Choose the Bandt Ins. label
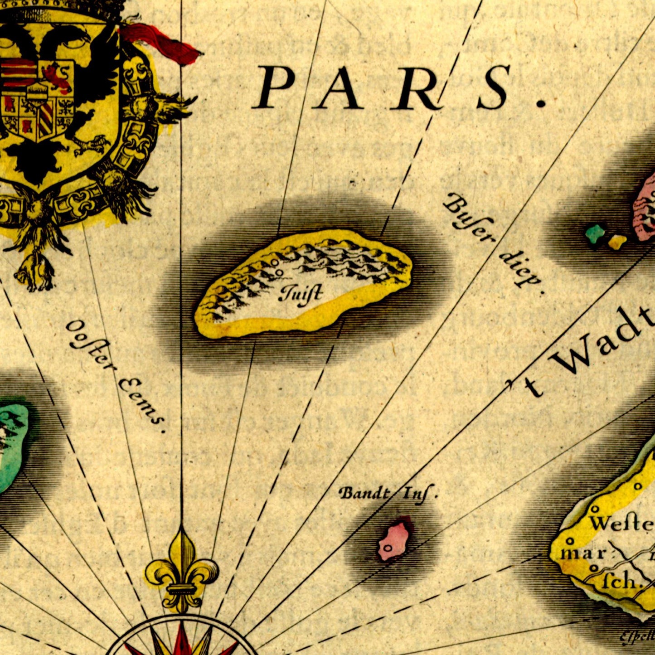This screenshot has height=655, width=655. coord(388,493)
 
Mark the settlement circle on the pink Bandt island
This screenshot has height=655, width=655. coord(388,548)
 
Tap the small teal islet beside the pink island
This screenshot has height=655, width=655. coord(595,234)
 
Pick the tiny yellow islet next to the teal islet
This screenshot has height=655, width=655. coord(617,242)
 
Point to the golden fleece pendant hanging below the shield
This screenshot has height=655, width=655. coord(34,272)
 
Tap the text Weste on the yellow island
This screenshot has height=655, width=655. coord(621,524)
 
